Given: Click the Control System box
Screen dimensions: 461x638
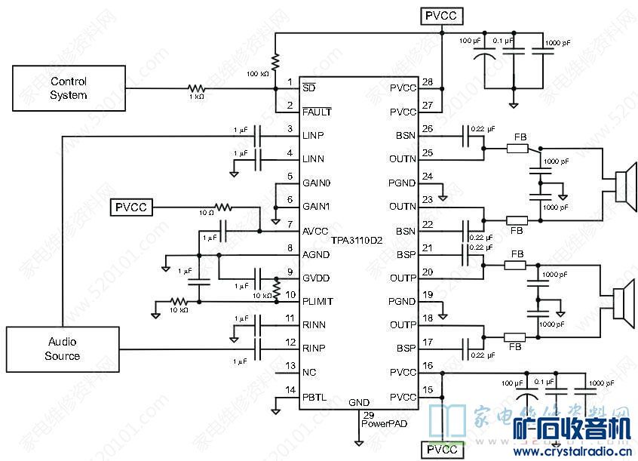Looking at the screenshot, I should coord(69,88).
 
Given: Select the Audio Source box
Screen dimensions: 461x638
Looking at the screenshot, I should coord(63,349).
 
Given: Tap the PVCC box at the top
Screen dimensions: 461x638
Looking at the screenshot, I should coord(441,15).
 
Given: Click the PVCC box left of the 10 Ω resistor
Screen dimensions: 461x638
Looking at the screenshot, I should coord(133,207).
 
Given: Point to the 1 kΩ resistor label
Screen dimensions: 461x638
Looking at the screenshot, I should coord(195,97).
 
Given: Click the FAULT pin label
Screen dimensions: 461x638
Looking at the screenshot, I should coord(316,112).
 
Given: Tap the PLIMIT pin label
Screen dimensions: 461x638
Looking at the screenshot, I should coord(317,301).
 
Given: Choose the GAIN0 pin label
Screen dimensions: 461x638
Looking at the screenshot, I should coord(317,183).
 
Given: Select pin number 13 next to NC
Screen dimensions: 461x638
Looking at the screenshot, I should coord(290,366).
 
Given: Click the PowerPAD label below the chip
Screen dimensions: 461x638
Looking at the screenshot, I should coord(383,423).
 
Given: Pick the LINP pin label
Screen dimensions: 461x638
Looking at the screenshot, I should coord(313,135).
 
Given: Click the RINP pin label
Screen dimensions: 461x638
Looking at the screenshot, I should coord(314,349).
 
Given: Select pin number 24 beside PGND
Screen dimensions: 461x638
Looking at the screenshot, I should coord(428,177).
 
